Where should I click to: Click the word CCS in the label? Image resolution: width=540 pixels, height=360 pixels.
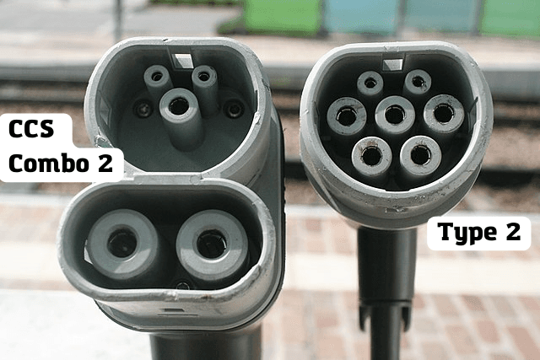(x=31, y=129)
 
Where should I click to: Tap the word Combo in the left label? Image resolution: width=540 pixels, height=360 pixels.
(x=50, y=163)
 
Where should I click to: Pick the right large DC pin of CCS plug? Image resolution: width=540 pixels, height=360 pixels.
(x=212, y=244)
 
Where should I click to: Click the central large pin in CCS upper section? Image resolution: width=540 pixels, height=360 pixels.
(x=179, y=106)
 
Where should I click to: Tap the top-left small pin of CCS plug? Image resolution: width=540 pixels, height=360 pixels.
(x=157, y=77)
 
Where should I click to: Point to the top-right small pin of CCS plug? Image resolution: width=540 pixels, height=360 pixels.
(x=204, y=77)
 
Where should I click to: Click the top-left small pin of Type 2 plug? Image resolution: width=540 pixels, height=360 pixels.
(x=370, y=83)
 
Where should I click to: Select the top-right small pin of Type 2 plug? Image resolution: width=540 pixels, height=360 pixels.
(x=418, y=82)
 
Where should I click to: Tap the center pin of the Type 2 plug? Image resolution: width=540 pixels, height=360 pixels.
(x=395, y=115)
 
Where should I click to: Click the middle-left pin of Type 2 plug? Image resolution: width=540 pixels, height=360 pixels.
(x=347, y=116)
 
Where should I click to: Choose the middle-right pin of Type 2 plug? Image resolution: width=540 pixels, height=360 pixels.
(x=444, y=114)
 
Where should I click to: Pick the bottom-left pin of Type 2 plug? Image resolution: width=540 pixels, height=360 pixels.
(x=371, y=157)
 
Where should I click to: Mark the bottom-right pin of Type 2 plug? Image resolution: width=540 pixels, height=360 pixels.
(x=420, y=155)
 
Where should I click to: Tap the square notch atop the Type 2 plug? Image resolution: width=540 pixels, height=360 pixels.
(x=392, y=65)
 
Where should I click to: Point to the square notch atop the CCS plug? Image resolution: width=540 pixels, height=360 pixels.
(x=182, y=60)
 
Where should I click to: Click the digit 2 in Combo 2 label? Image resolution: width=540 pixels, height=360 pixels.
(x=105, y=163)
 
